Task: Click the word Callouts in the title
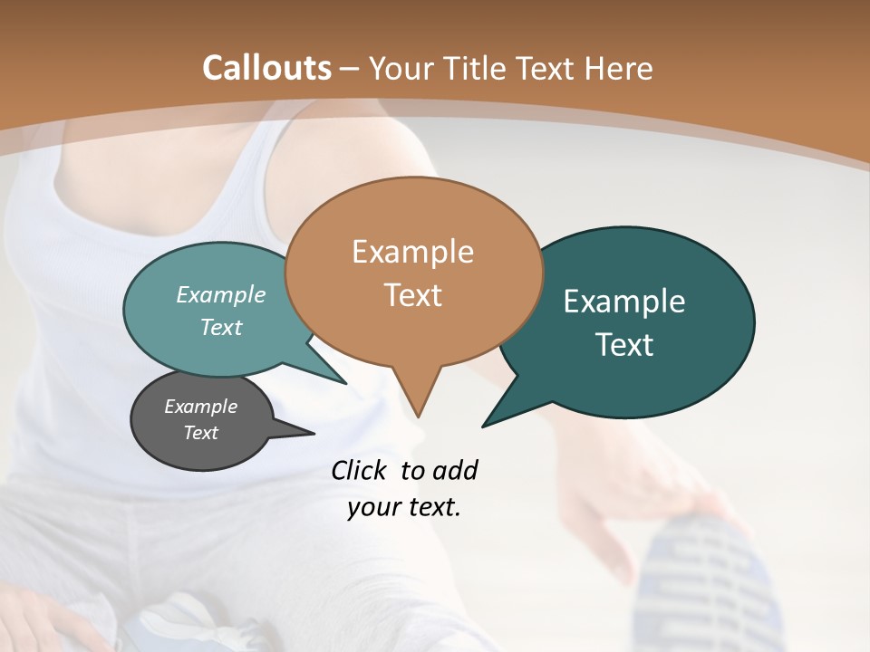coord(266,68)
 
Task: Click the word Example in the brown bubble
coord(412,252)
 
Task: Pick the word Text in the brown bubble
coord(412,295)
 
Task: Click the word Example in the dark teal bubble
coord(624,302)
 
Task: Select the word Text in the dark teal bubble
coord(624,345)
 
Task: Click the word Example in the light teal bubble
coord(221,294)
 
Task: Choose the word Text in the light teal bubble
coord(221,327)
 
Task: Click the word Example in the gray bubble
coord(200,407)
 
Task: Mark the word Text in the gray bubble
coord(200,433)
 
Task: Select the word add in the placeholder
coord(455,470)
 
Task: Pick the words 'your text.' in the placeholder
coord(404,507)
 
